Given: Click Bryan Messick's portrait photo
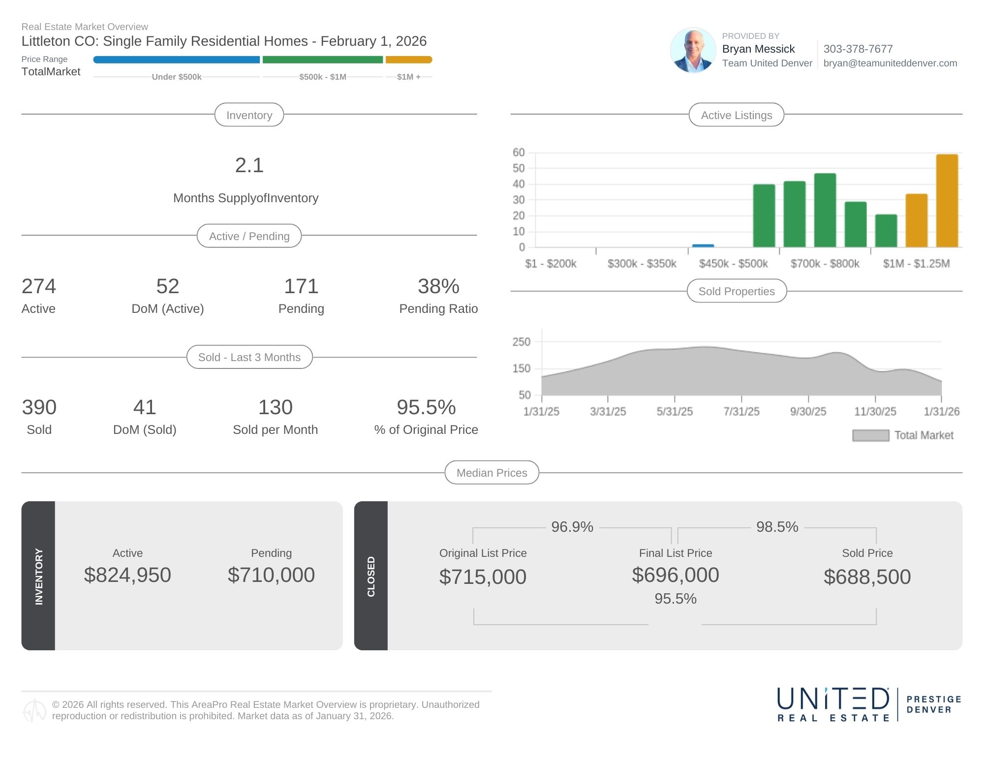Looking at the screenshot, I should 693,50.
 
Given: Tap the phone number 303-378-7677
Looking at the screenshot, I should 858,49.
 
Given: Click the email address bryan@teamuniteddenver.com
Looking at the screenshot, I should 890,63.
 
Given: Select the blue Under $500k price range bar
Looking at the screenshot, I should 176,60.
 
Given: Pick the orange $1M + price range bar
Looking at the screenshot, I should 408,60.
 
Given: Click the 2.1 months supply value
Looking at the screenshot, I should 249,165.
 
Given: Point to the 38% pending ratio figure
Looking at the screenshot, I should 438,286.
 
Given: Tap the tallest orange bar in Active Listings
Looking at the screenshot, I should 947,201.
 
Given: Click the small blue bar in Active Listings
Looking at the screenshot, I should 703,245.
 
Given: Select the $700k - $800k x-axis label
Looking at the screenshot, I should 825,264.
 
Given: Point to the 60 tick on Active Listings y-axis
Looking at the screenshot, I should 519,152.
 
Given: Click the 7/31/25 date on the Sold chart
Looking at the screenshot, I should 741,411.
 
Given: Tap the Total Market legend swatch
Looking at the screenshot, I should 870,435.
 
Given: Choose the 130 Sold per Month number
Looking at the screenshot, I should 275,407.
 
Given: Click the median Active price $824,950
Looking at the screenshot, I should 127,575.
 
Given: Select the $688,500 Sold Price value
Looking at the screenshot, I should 867,577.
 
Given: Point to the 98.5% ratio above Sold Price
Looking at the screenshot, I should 777,527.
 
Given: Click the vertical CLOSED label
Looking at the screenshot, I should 371,576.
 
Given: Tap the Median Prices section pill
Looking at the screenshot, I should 492,473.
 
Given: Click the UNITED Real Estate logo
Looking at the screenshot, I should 833,704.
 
